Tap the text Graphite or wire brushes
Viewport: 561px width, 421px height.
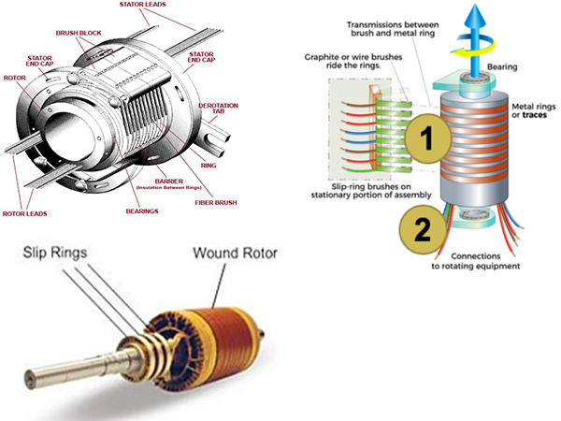click(x=341, y=57)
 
